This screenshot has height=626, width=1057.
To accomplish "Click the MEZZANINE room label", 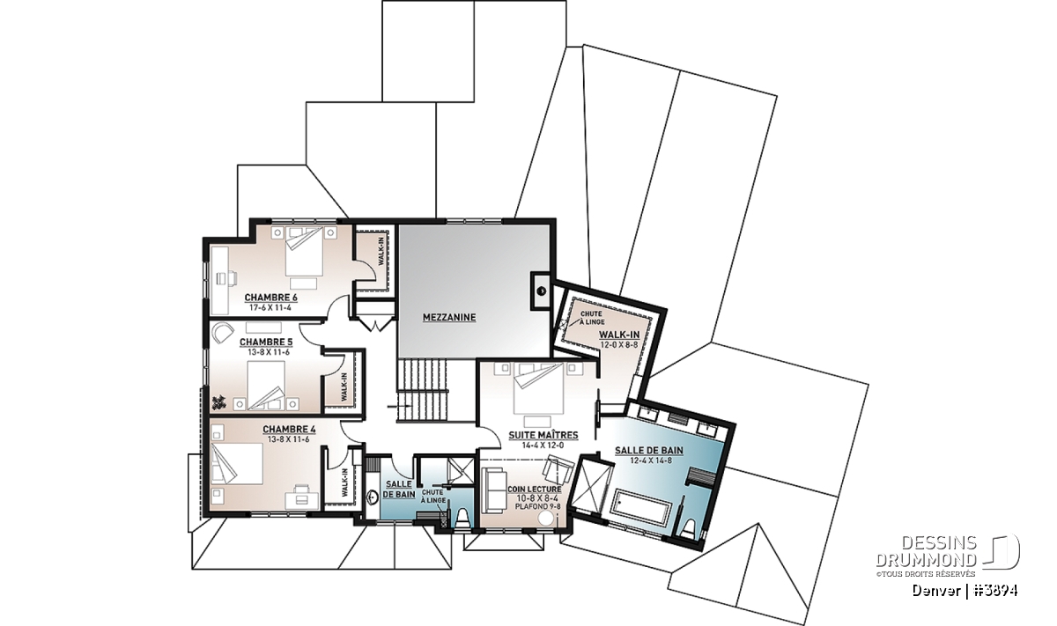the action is [x=448, y=318].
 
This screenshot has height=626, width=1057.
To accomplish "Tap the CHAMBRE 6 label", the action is [x=270, y=298].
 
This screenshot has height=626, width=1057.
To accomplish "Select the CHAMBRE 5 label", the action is [x=266, y=342].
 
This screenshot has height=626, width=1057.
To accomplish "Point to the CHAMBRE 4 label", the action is [x=289, y=430].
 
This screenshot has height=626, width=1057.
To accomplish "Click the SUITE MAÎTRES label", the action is [x=543, y=436].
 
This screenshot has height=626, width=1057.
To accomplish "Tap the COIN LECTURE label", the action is [x=535, y=490].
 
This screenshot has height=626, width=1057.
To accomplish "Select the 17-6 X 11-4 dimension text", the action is [x=270, y=307].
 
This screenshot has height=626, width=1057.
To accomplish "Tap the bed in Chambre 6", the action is [x=305, y=251].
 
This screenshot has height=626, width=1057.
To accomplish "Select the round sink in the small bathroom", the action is [x=373, y=497].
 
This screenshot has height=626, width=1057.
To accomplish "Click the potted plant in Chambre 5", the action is [x=218, y=402].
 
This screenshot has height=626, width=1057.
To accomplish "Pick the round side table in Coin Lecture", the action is [x=546, y=519].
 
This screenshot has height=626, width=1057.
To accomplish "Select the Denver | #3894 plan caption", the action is [x=965, y=590].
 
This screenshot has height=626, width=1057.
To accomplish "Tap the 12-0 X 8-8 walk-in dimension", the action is [x=619, y=344].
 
